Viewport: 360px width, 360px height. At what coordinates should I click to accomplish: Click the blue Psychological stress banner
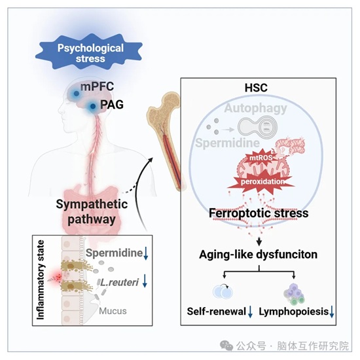pos(90,52)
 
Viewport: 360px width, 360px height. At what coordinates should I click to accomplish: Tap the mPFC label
pos(97,86)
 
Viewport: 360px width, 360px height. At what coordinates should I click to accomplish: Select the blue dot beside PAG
pos(93,106)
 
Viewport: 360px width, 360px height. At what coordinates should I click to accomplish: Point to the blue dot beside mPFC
pos(77,94)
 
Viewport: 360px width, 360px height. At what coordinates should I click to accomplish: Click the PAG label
pos(112,105)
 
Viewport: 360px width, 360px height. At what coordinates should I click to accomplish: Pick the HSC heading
pos(256,88)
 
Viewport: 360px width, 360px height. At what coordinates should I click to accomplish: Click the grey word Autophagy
pos(255,109)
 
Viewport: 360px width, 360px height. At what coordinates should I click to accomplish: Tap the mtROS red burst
pos(261,158)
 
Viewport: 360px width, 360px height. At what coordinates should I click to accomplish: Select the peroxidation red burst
pos(262,181)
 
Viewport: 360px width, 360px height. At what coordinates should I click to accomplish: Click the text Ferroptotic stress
pos(259,213)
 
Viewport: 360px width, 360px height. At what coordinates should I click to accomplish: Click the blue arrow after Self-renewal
pos(250,312)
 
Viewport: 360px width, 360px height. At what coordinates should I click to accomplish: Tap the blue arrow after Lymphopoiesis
pos(332,312)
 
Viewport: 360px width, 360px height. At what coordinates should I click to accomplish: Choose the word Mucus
pos(113,311)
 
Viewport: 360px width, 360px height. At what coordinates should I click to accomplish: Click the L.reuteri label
pos(119,282)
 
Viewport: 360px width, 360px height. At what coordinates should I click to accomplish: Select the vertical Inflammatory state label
pos(41,280)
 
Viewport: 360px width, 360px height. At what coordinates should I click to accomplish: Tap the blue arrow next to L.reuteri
pos(145,281)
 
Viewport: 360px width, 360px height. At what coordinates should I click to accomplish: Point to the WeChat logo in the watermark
pos(226,346)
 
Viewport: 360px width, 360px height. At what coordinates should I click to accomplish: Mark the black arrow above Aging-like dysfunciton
pos(259,241)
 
